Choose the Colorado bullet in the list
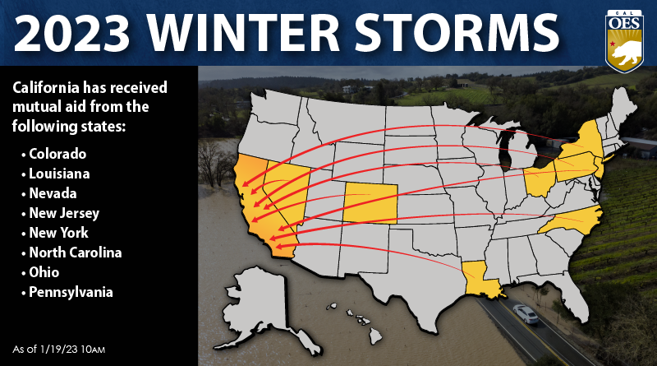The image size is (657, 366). click(57, 154)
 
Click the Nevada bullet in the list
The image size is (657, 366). click(53, 193)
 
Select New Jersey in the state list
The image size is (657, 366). click(64, 213)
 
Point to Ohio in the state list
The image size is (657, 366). click(46, 272)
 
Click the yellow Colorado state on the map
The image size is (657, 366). click(370, 202)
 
